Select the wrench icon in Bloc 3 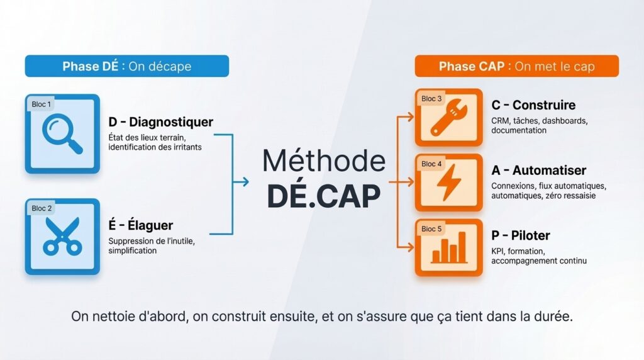tap(448, 120)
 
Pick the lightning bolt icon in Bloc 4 tap(448, 183)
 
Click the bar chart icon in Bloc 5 tap(448, 249)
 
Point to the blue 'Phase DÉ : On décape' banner tap(126, 66)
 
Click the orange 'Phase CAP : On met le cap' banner tap(516, 66)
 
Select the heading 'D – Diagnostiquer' tap(160, 121)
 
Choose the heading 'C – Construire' tap(533, 105)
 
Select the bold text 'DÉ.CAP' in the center tap(323, 196)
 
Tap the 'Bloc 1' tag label tap(42, 104)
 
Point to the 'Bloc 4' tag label tap(431, 164)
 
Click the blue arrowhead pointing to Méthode tap(245, 182)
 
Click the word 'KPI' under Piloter tap(498, 250)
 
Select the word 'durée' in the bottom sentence tap(552, 317)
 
